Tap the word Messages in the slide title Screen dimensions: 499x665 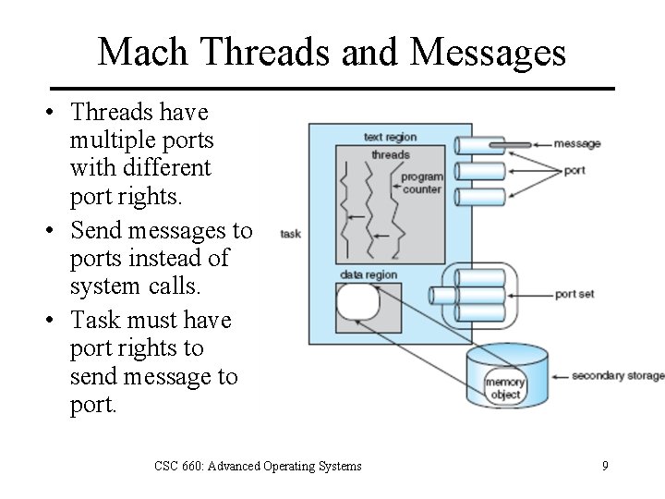pos(488,52)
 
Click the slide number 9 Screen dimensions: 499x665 pos(605,466)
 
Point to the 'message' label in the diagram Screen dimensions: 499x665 pos(577,143)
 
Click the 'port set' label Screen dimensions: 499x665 pos(574,294)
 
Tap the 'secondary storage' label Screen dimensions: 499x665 pos(617,375)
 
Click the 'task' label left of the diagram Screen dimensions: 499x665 pos(291,234)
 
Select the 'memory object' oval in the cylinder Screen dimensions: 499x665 pos(504,388)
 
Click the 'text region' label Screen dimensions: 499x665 pos(390,138)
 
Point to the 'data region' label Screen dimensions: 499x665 pos(368,274)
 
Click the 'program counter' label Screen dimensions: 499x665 pos(422,183)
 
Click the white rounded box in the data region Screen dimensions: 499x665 pos(357,302)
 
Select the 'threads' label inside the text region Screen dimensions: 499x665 pos(390,154)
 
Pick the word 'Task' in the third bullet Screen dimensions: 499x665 pos(92,320)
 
